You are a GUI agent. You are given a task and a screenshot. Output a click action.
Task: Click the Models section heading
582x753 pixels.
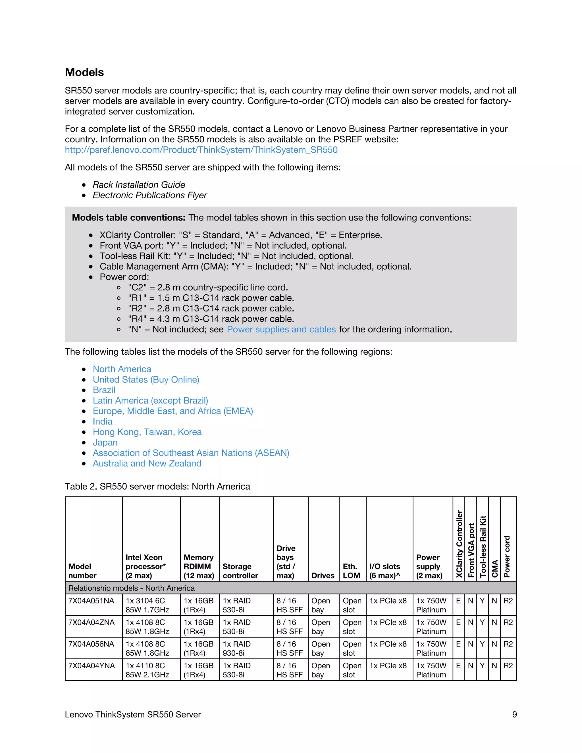tap(84, 72)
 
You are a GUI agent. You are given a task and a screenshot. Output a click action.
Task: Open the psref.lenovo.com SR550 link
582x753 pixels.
tap(201, 150)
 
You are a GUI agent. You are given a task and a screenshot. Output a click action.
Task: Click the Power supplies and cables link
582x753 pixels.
tap(281, 329)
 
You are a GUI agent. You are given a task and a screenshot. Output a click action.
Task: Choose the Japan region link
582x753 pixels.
tap(105, 442)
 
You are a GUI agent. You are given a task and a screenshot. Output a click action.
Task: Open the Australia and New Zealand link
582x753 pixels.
tap(147, 463)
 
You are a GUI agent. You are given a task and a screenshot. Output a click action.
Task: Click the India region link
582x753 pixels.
tap(102, 421)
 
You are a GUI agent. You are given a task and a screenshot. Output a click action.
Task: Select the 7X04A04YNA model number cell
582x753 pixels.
tap(92, 665)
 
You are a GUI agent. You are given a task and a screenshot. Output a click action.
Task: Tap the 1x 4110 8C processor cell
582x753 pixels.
tap(147, 670)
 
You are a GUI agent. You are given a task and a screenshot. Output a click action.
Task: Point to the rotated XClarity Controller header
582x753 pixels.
tap(459, 544)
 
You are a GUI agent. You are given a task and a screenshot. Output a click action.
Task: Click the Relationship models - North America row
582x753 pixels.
tap(131, 588)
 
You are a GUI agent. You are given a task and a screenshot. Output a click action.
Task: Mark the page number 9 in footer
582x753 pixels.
tap(514, 714)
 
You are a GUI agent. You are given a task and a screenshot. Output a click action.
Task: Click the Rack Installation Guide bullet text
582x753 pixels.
tap(139, 185)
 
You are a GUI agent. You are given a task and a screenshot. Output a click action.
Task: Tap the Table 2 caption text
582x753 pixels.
tap(157, 486)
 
